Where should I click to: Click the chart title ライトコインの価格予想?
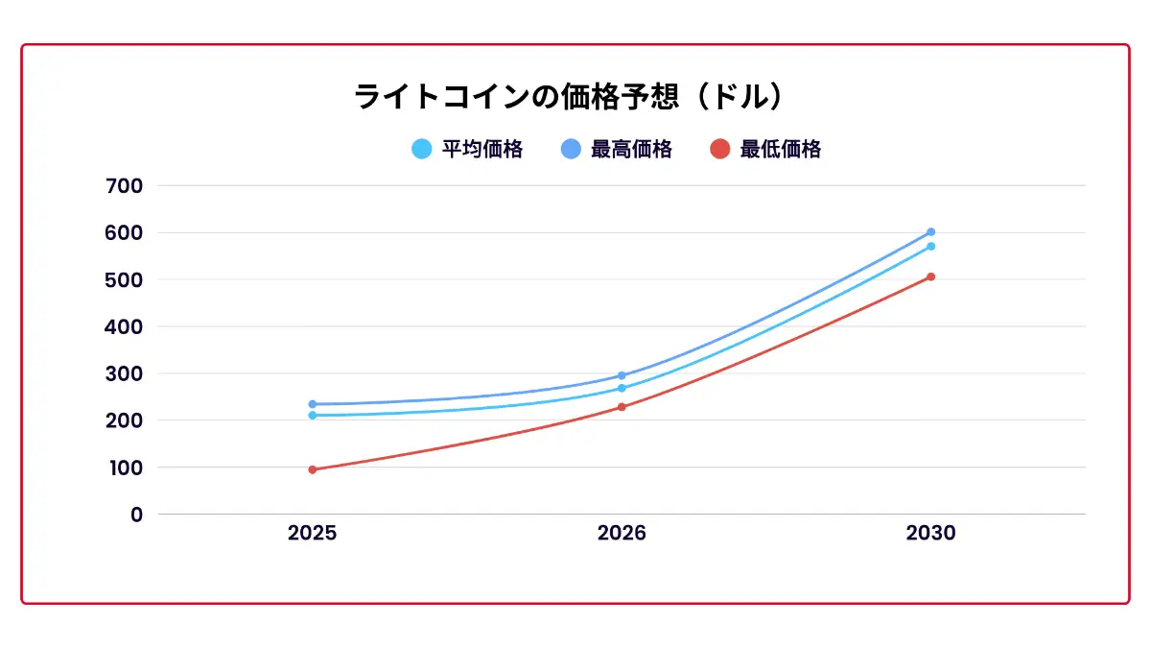572,97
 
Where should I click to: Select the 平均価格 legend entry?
467,149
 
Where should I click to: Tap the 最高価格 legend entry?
617,149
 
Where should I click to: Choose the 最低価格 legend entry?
765,149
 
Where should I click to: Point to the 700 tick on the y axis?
124,185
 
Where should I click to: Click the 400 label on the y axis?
124,326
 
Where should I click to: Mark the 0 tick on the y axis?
136,515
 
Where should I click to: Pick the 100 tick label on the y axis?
124,468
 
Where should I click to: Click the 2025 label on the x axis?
312,534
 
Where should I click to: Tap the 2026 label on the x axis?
622,534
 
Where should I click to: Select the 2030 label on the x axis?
930,534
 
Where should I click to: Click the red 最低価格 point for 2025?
313,469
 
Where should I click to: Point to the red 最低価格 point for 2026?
622,407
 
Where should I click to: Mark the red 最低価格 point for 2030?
930,276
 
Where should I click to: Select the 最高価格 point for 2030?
930,232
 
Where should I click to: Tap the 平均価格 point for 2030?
930,247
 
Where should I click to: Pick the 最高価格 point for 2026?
622,375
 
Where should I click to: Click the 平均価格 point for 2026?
622,388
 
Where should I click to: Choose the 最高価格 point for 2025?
313,404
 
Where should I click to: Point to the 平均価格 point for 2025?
313,416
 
